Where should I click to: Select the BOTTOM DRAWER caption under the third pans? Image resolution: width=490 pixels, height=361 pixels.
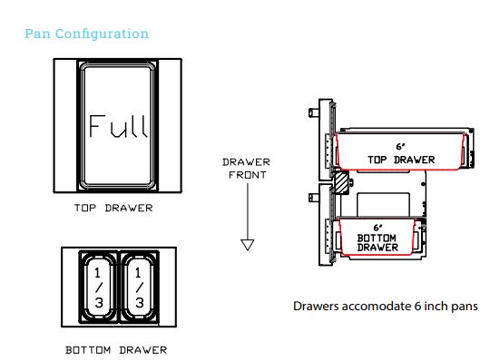[x=117, y=349]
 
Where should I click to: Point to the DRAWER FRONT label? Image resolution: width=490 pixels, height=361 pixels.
[x=245, y=169]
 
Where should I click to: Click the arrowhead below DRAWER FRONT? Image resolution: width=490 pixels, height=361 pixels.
[x=247, y=244]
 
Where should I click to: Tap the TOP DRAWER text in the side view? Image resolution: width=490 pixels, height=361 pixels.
[x=401, y=160]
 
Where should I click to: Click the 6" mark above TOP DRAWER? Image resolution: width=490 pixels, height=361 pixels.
[x=400, y=146]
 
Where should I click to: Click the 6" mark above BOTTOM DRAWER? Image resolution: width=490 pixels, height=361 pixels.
[x=377, y=227]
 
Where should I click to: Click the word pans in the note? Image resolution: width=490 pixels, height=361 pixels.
[x=464, y=306]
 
